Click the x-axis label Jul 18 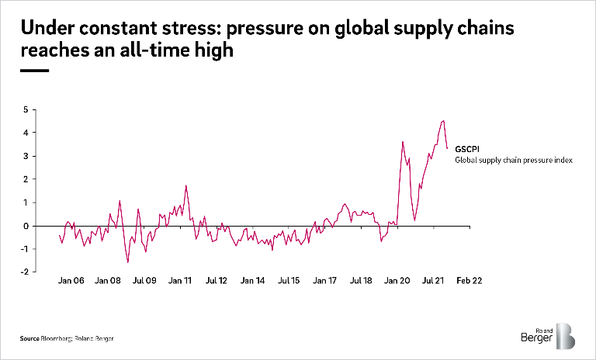[361, 282]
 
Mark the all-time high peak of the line [442, 120]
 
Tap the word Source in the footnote [30, 338]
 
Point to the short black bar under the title [34, 70]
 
